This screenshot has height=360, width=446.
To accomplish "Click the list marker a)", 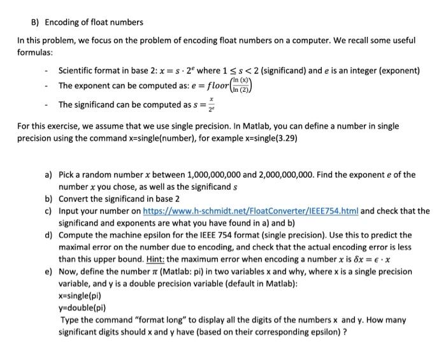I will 48,174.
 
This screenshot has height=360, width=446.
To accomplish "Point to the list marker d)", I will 48,235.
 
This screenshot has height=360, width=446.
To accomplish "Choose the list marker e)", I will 48,271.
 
